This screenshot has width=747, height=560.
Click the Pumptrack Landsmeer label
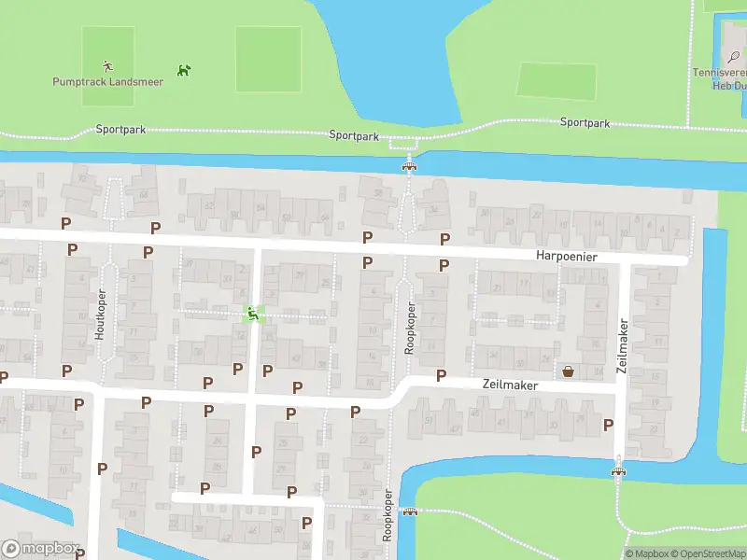(107, 82)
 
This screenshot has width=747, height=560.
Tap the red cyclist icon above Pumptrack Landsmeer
(107, 65)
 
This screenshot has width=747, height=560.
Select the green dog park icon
(184, 69)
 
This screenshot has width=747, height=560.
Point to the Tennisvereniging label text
(719, 73)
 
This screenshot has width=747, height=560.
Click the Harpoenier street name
(566, 255)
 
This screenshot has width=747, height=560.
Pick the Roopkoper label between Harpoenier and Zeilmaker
(410, 327)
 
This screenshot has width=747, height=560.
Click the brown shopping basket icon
(568, 371)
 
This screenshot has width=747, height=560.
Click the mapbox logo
(40, 549)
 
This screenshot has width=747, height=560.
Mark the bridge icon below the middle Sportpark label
(408, 165)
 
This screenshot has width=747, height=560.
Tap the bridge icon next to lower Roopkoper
(409, 511)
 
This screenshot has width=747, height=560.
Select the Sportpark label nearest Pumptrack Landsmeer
(120, 130)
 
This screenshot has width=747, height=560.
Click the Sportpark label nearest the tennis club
(585, 122)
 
